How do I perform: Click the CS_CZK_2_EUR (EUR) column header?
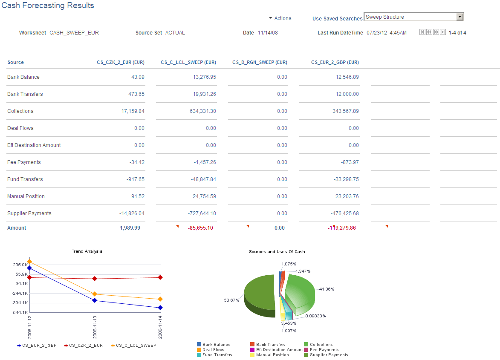coord(121,62)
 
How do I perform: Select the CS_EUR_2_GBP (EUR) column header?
coord(335,62)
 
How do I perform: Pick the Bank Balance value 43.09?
coord(138,77)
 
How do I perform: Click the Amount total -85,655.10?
coord(200,228)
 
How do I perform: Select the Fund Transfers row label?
coord(25,179)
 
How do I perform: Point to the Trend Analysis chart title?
coord(87,251)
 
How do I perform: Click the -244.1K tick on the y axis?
coord(20,293)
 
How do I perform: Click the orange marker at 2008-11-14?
coord(160,299)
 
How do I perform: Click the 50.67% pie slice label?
coord(231,300)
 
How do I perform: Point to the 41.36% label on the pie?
coord(327,289)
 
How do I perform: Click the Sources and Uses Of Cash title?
coord(277,252)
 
